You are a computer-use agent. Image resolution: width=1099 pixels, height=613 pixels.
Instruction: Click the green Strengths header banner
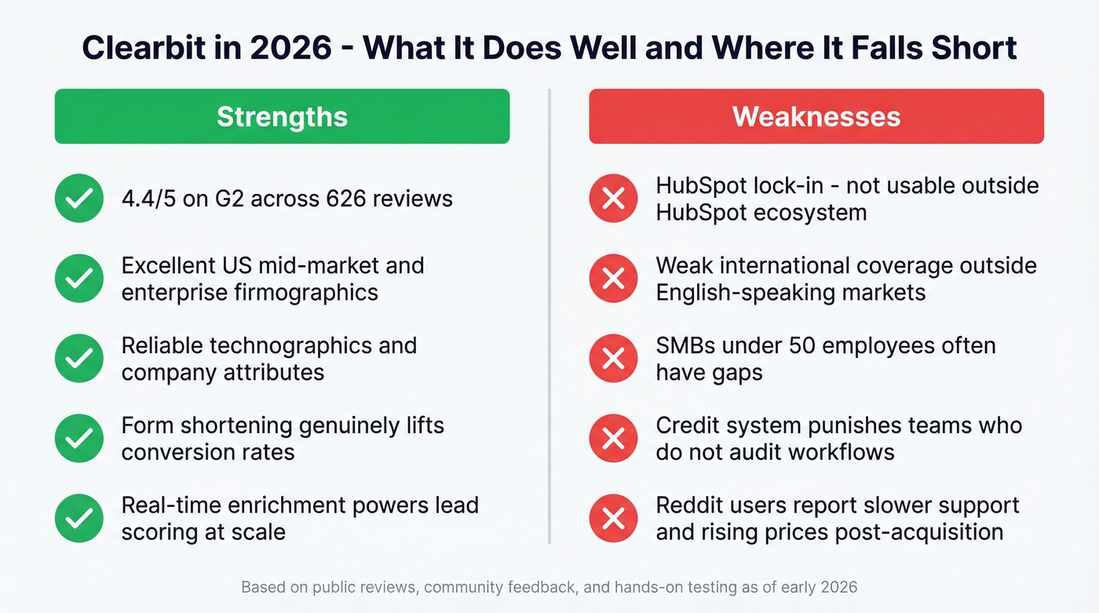282,116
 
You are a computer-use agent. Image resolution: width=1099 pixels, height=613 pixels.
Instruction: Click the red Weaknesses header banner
816,116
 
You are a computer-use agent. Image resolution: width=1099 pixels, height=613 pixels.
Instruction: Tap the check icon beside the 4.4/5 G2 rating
79,199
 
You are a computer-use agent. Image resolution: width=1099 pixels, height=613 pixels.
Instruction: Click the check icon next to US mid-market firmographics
79,279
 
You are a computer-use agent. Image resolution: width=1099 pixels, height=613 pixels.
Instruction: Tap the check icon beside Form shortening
79,439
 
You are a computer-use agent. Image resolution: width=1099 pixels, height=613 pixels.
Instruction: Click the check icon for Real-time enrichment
79,518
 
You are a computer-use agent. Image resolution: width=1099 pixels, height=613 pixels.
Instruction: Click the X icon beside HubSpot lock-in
613,199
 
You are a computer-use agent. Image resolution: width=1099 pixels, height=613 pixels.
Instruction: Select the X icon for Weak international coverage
613,279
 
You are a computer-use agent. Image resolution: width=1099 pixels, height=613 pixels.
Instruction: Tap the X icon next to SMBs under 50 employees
613,359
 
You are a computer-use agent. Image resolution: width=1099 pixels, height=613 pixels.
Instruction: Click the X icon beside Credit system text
613,439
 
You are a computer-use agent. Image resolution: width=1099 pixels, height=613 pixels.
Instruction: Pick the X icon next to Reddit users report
613,518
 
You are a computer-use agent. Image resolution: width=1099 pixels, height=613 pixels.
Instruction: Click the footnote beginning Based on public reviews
549,587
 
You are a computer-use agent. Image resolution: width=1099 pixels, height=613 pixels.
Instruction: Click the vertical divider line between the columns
549,314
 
